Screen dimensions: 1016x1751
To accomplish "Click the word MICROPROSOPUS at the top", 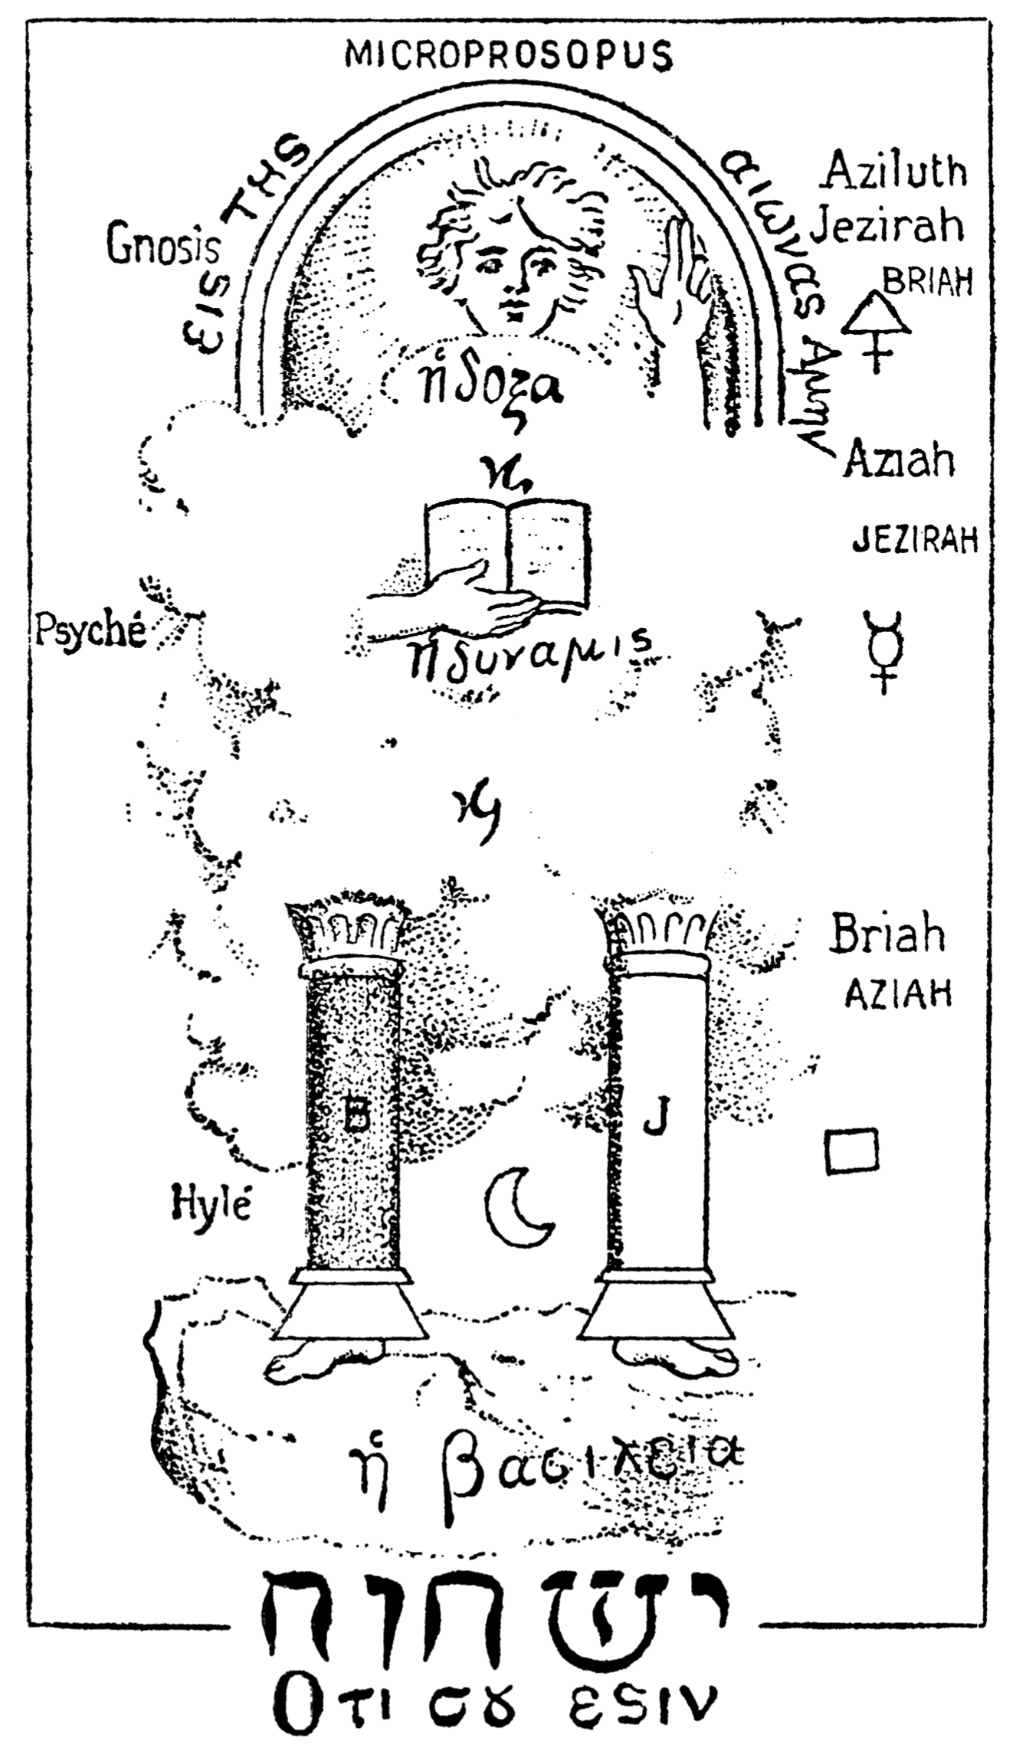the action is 510,55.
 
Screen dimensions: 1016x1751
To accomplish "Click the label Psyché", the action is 90,632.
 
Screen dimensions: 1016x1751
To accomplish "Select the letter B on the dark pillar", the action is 356,1118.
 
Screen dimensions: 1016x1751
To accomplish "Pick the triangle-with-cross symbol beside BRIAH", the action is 877,331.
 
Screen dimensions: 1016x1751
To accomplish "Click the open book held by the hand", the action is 508,551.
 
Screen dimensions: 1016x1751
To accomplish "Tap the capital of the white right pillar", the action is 657,938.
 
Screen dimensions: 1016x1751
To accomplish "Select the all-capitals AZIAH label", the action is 898,996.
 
